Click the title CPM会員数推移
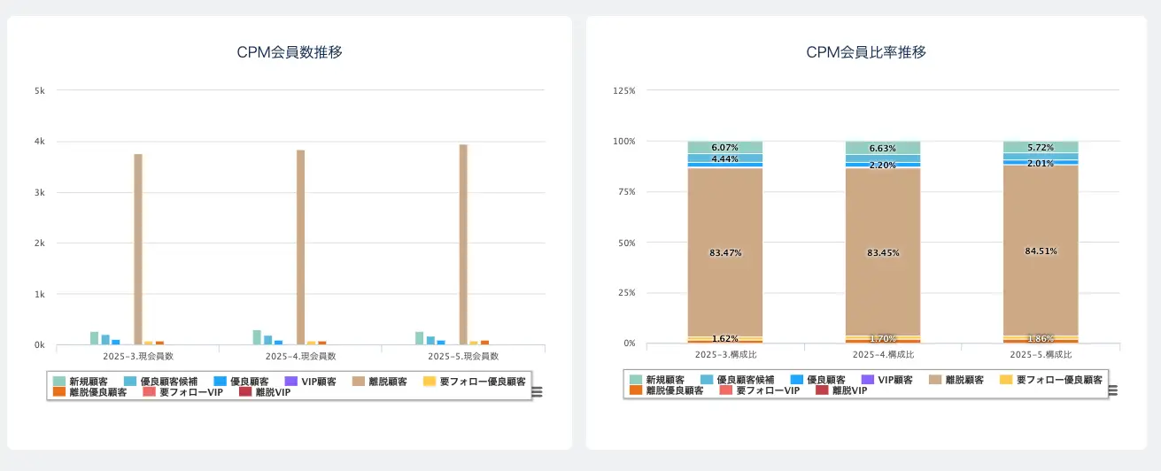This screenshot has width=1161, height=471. coord(290,52)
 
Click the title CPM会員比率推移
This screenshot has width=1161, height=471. coord(865,52)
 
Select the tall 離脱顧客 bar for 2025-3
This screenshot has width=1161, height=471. coord(138,249)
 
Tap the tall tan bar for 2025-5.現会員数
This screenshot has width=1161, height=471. coord(463,244)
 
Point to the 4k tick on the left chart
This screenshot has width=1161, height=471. coord(40,142)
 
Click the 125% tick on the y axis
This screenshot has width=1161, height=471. coord(624,90)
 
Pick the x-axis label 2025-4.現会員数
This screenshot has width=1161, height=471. coord(300,356)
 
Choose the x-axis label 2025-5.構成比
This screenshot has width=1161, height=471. coord(1041,354)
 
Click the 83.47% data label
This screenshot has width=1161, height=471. coord(725,253)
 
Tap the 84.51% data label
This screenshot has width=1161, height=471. coord(1041,251)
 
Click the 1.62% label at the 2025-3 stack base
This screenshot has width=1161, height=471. coord(725,339)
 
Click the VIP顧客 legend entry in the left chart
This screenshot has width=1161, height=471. coord(320,381)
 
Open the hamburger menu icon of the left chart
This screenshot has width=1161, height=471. coord(537,392)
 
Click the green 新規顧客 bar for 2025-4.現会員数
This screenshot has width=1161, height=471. coord(257,337)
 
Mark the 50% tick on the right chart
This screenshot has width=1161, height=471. coord(626,243)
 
